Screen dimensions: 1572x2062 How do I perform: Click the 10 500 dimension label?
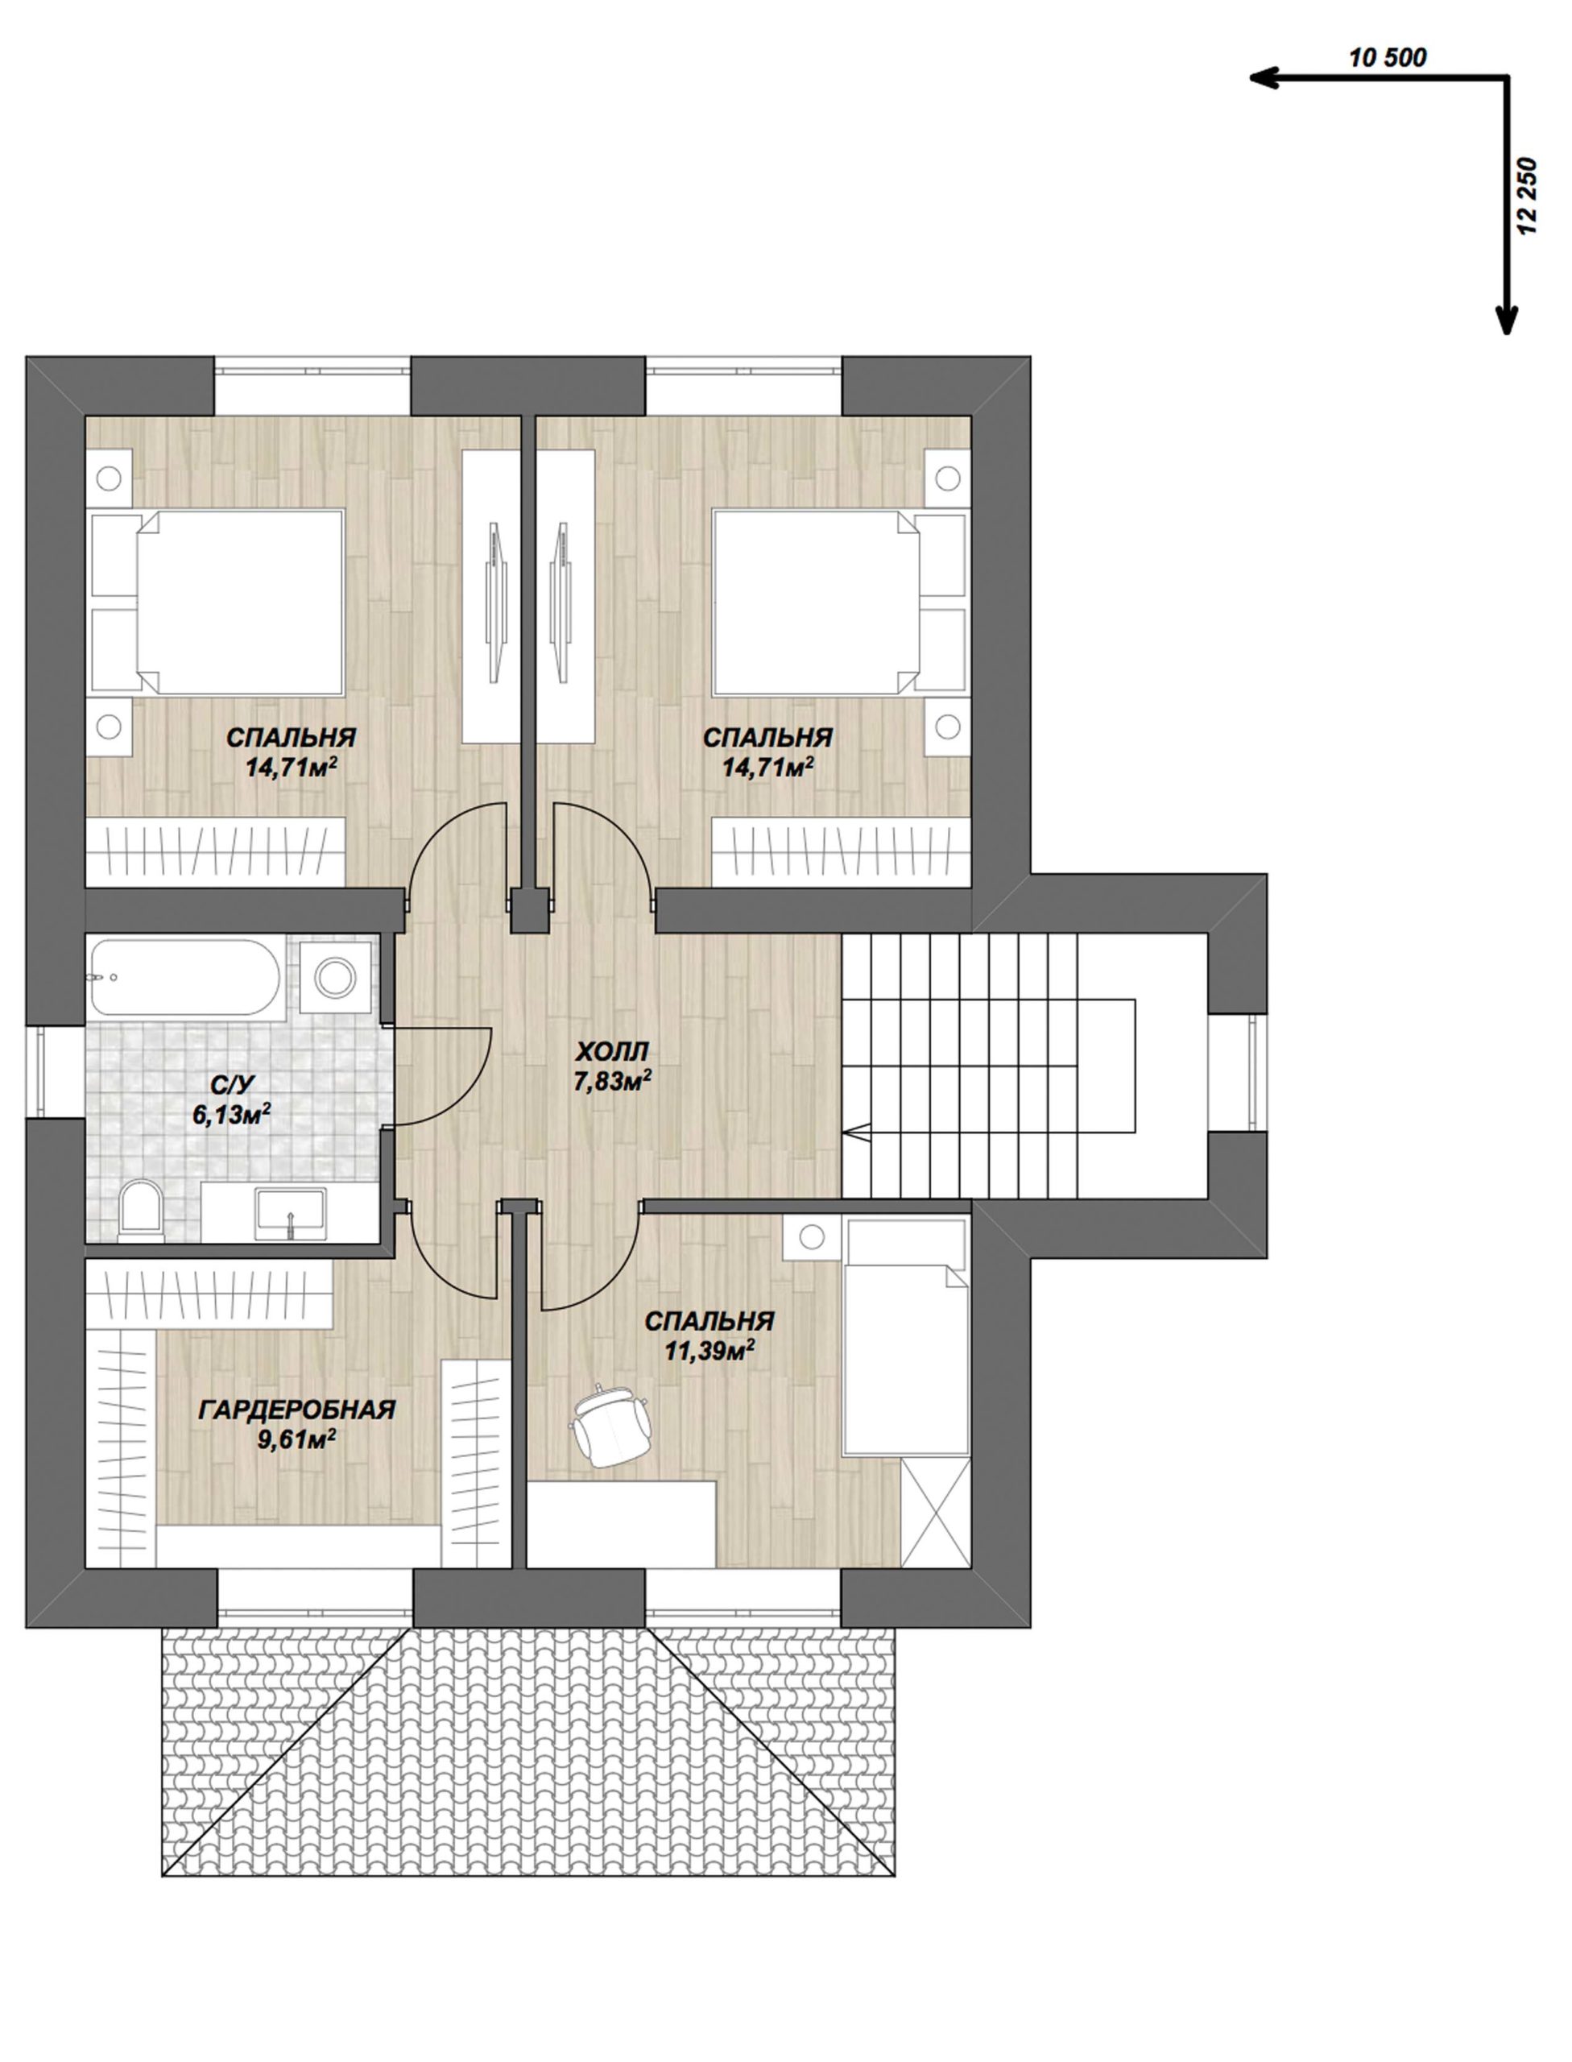[1388, 57]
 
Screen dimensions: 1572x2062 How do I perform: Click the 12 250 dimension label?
[1532, 201]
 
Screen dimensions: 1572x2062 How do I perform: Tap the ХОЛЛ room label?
[614, 1052]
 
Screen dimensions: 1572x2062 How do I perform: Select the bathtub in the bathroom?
[185, 979]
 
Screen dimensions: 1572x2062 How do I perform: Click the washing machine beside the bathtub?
[335, 978]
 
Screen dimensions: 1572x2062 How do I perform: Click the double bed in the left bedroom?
[217, 602]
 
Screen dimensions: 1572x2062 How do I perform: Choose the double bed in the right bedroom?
[838, 602]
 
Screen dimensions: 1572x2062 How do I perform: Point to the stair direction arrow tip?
[845, 1133]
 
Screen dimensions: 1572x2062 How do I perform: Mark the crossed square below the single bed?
[935, 1511]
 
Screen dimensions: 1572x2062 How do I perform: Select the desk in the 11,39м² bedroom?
[623, 1523]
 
